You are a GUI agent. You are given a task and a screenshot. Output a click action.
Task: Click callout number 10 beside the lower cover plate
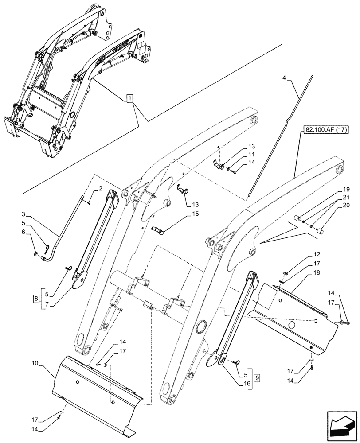coord(35,364)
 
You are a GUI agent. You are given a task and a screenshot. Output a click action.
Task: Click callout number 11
coord(251,155)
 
